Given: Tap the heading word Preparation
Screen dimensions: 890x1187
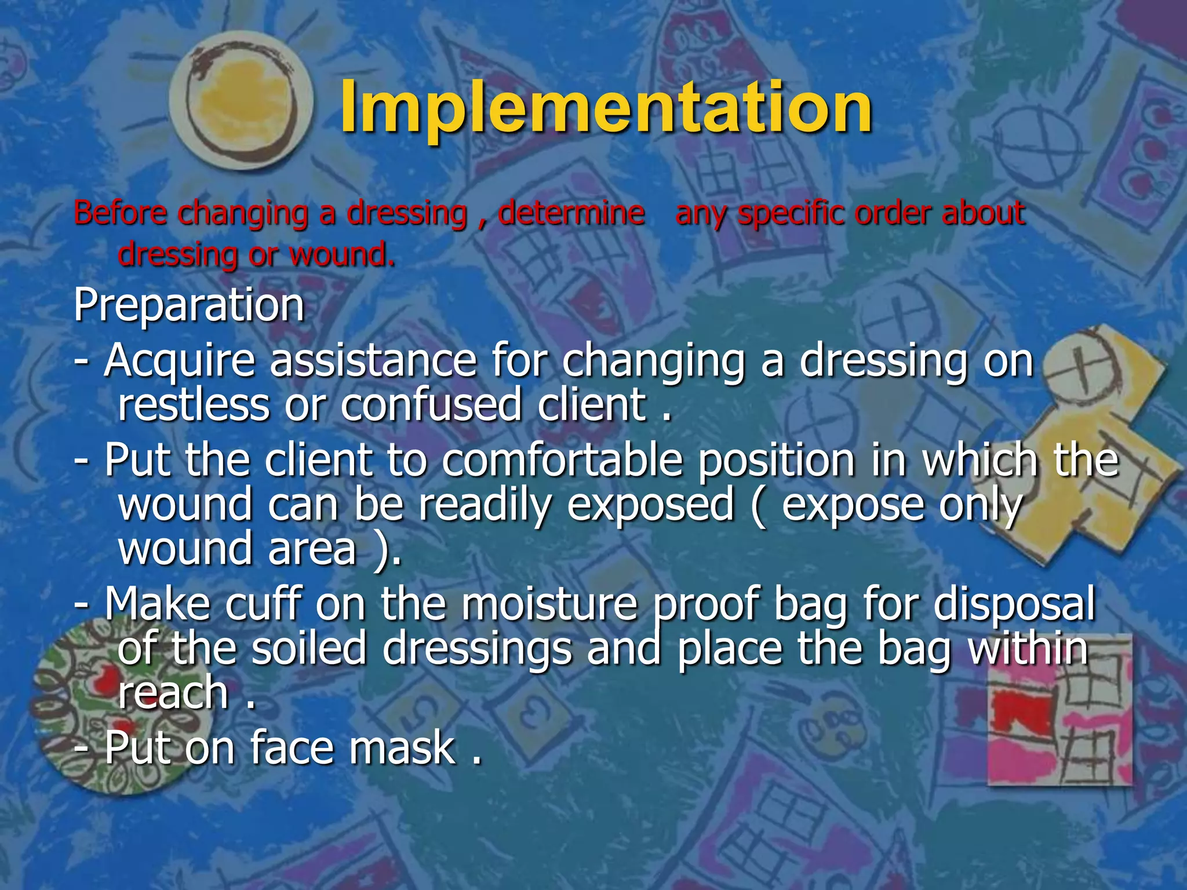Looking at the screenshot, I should tap(189, 306).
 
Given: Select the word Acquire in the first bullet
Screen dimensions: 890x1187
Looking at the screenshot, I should tap(180, 362).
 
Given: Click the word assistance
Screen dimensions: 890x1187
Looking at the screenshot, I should tap(374, 360).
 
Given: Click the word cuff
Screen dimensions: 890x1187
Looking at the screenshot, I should tap(264, 604).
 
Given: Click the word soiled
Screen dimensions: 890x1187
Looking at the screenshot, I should tap(310, 649).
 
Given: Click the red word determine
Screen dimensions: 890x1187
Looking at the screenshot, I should tap(571, 213).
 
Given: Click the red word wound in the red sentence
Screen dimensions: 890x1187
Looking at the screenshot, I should tap(342, 255).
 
